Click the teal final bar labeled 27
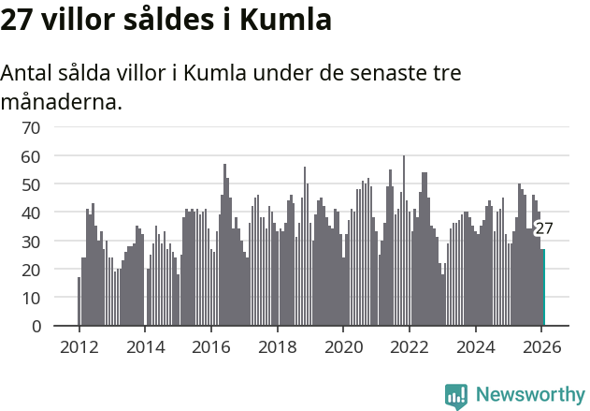click(x=543, y=287)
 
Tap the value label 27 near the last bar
click(x=544, y=228)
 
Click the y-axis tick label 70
click(x=31, y=127)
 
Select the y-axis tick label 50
click(x=31, y=184)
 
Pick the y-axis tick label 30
click(x=31, y=242)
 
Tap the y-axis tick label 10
click(x=31, y=298)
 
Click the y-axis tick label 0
click(x=36, y=327)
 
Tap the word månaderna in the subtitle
click(x=62, y=101)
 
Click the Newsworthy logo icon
click(x=456, y=396)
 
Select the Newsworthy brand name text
click(x=529, y=395)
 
